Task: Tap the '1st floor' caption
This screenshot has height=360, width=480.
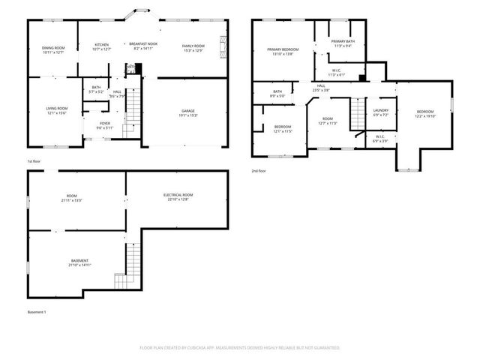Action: click(x=34, y=161)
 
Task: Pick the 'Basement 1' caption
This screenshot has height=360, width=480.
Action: click(x=37, y=311)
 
